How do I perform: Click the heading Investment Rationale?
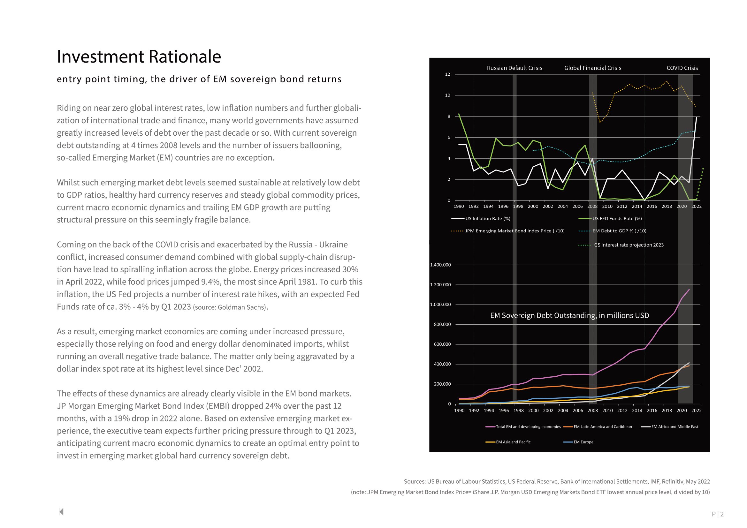click(139, 57)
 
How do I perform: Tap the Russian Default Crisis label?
click(515, 68)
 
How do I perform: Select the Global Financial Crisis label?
click(592, 68)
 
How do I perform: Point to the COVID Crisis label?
click(682, 68)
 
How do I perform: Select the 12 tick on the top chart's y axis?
click(448, 74)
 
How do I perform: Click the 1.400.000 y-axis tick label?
click(440, 265)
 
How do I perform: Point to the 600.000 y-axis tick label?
click(442, 344)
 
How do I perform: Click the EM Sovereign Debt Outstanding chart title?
click(569, 315)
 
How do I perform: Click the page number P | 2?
click(717, 514)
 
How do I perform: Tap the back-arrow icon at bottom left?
click(61, 511)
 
